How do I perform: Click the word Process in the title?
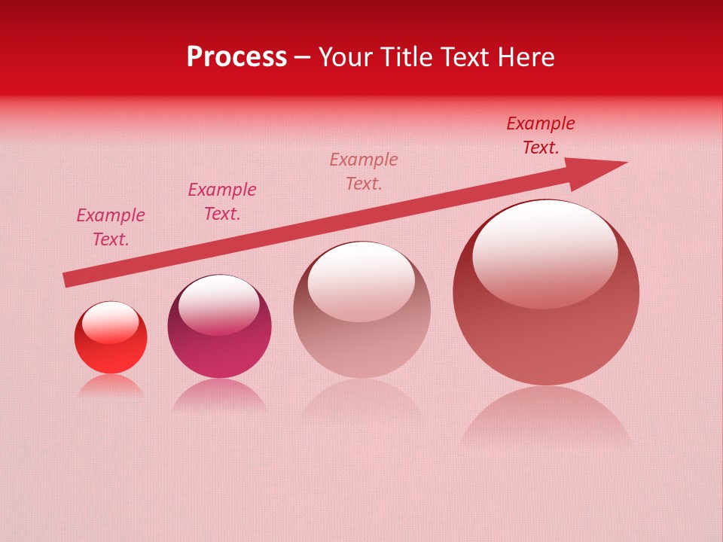tap(236, 57)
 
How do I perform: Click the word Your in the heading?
tap(347, 57)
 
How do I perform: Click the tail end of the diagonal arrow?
tap(68, 279)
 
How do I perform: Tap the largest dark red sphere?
tap(546, 339)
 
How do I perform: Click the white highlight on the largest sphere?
tap(545, 252)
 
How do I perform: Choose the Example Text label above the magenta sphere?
tap(222, 202)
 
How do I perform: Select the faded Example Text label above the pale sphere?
tap(364, 172)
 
